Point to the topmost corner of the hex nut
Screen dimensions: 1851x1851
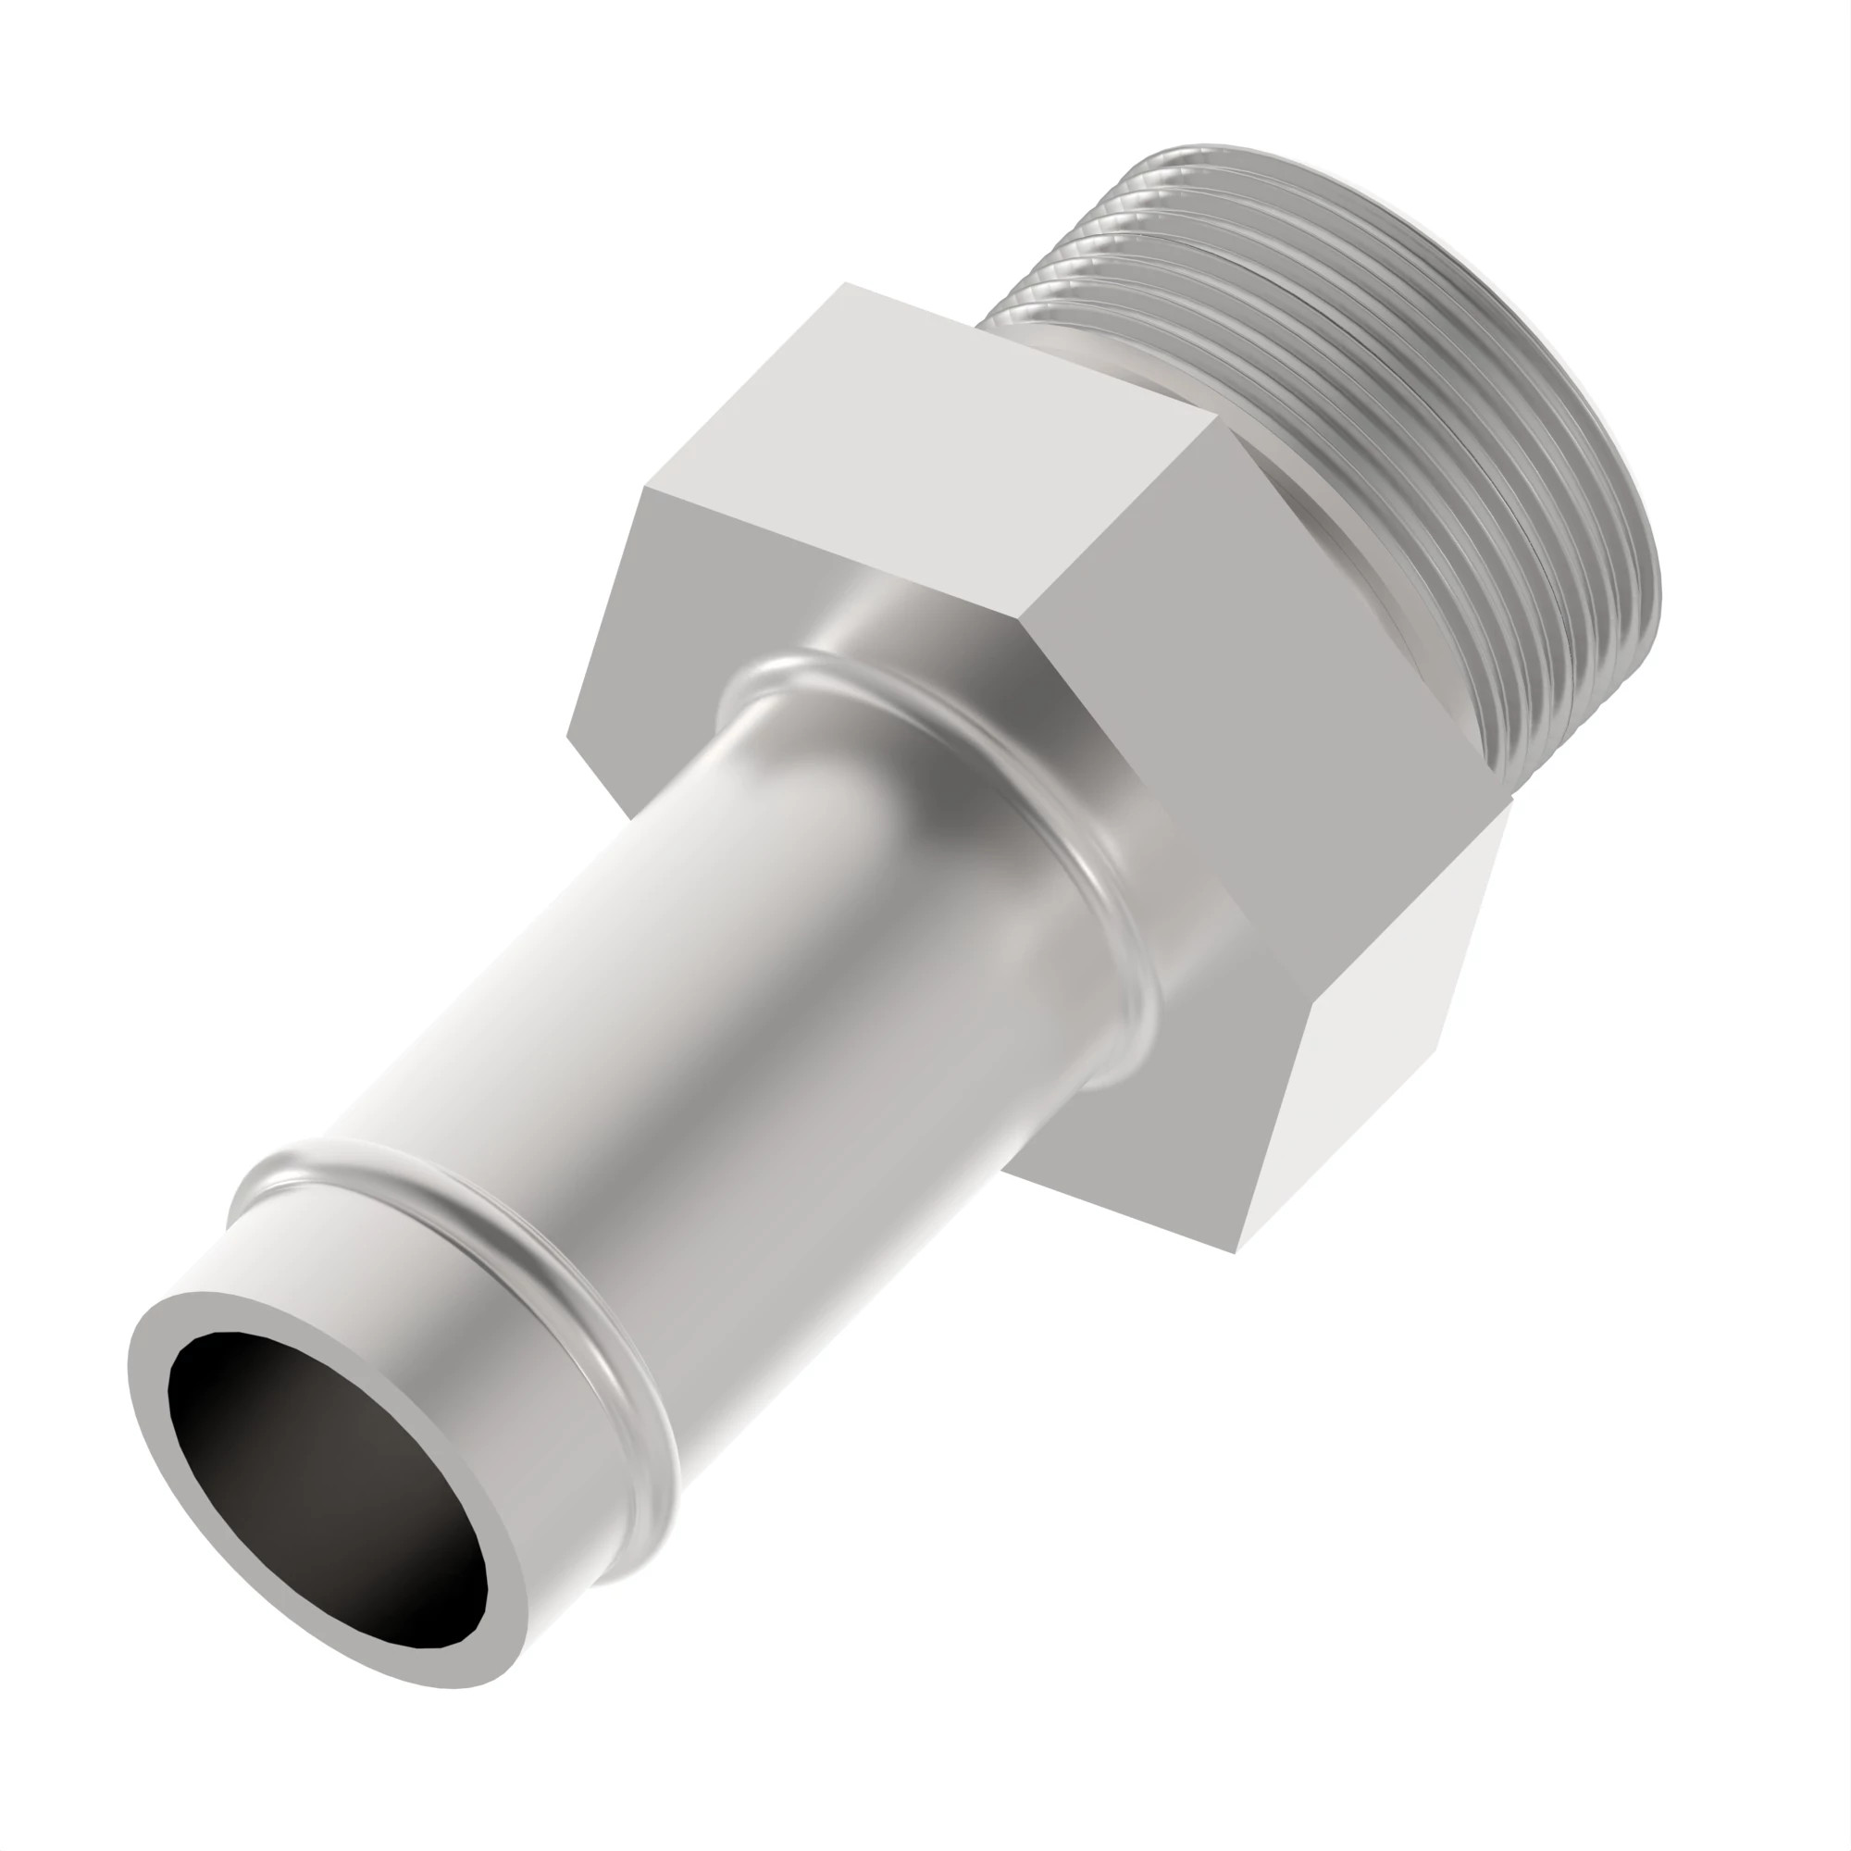[x=845, y=283]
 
